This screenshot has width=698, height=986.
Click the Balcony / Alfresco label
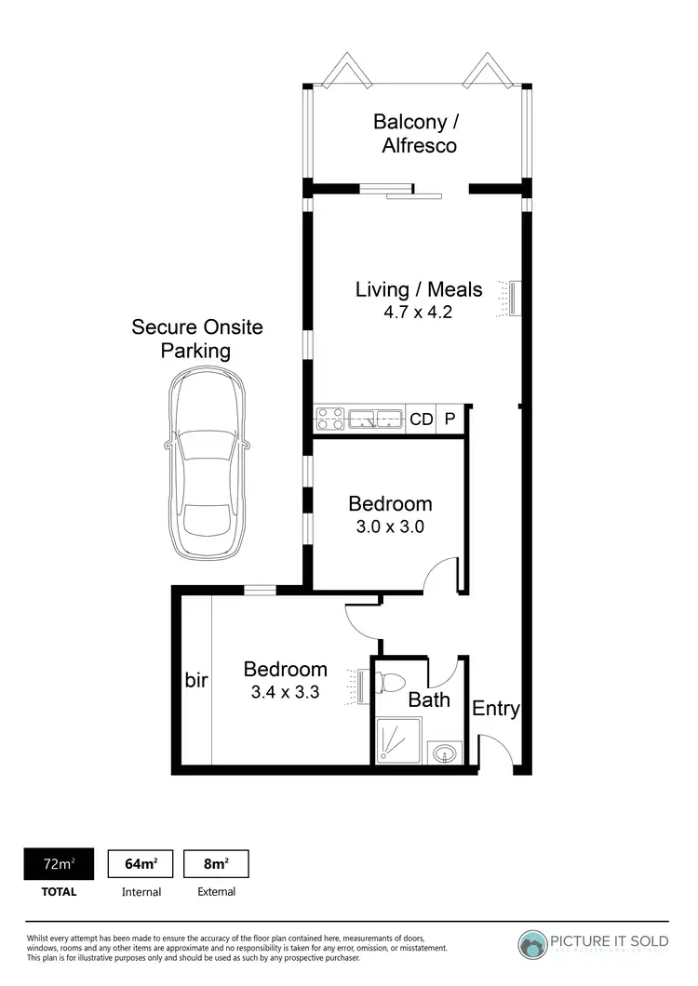click(416, 133)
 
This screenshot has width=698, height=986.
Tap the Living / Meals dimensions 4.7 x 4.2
click(418, 313)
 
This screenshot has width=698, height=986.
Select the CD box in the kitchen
click(422, 420)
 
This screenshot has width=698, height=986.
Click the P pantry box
click(450, 420)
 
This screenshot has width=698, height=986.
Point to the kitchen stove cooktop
click(329, 420)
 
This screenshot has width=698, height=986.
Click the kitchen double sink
click(375, 420)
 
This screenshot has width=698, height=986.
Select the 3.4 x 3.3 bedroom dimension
click(286, 692)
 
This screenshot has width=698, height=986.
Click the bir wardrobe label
click(195, 681)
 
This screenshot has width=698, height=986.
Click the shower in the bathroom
click(397, 740)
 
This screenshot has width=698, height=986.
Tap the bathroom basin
click(447, 752)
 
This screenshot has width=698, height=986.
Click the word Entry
click(495, 709)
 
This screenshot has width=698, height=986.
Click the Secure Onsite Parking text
click(196, 339)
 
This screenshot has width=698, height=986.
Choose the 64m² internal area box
click(141, 864)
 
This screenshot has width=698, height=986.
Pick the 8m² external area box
click(216, 864)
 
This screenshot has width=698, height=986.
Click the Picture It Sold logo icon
click(534, 944)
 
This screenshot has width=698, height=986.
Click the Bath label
click(429, 700)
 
